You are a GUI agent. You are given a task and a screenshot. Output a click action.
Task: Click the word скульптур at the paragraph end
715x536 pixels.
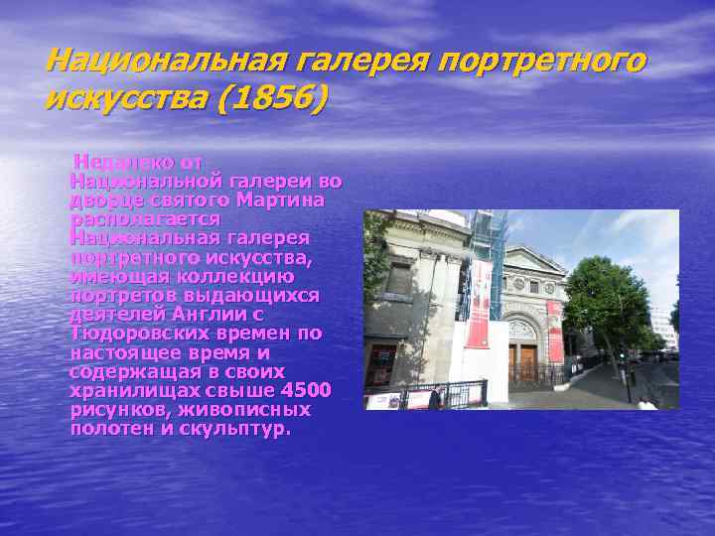pyautogui.click(x=237, y=428)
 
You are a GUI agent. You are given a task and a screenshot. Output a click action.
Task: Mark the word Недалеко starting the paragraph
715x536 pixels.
pyautogui.click(x=113, y=162)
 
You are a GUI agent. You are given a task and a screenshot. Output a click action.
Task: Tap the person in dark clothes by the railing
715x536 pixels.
pyautogui.click(x=434, y=398)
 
